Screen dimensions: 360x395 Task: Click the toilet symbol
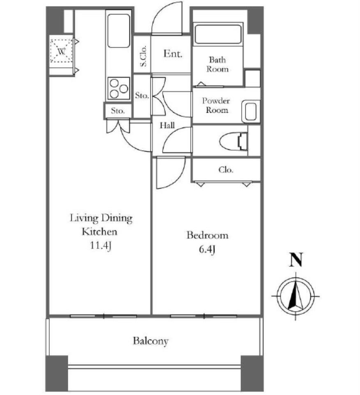point(233,141)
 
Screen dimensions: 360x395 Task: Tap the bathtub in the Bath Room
point(218,34)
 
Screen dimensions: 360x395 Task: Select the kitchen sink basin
point(118,31)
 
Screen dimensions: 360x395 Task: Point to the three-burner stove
point(118,88)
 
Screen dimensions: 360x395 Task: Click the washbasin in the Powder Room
point(251,112)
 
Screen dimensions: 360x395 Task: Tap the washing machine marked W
point(61,51)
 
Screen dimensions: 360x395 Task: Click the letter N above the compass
point(296,260)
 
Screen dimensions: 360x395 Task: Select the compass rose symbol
point(295,296)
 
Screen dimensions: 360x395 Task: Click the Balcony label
point(150,341)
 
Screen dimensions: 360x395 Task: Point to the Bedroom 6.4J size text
point(207,249)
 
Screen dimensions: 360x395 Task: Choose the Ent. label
point(173,53)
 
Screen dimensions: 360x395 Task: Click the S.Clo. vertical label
point(143,56)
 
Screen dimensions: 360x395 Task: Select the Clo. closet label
point(226,170)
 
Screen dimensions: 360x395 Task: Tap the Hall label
point(167,125)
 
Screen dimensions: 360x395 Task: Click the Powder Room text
point(216,105)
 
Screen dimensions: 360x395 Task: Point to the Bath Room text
point(217,64)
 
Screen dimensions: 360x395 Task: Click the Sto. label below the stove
point(118,111)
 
